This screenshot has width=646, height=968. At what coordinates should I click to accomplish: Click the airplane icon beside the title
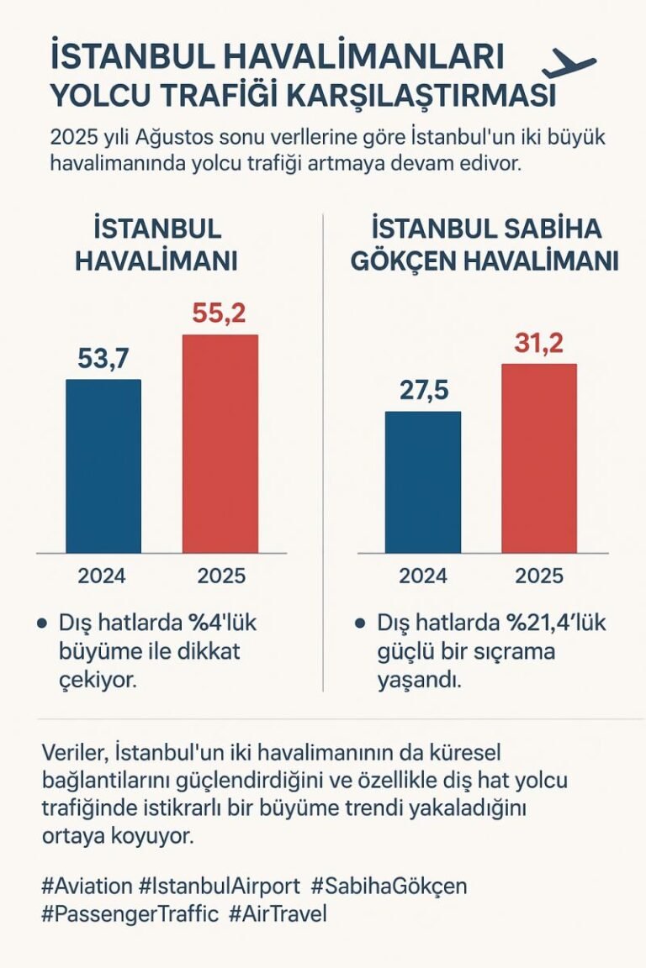569,64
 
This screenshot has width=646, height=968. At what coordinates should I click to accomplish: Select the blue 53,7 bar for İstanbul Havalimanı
103,466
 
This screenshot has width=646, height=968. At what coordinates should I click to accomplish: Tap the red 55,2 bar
220,443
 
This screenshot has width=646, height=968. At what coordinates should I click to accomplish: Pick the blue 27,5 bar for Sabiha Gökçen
422,481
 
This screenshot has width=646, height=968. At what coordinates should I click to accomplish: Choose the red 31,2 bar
539,458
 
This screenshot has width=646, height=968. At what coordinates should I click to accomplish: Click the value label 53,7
103,359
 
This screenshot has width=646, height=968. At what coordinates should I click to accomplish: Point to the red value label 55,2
220,313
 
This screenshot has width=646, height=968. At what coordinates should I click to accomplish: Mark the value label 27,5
422,392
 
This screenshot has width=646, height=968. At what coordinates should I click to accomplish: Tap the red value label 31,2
539,343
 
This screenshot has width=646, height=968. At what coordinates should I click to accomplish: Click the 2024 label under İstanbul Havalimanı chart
102,576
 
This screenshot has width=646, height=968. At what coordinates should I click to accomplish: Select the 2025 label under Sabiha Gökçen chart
539,576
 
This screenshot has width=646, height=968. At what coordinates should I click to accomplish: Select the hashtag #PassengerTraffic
130,913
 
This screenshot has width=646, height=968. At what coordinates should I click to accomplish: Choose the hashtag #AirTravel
277,913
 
